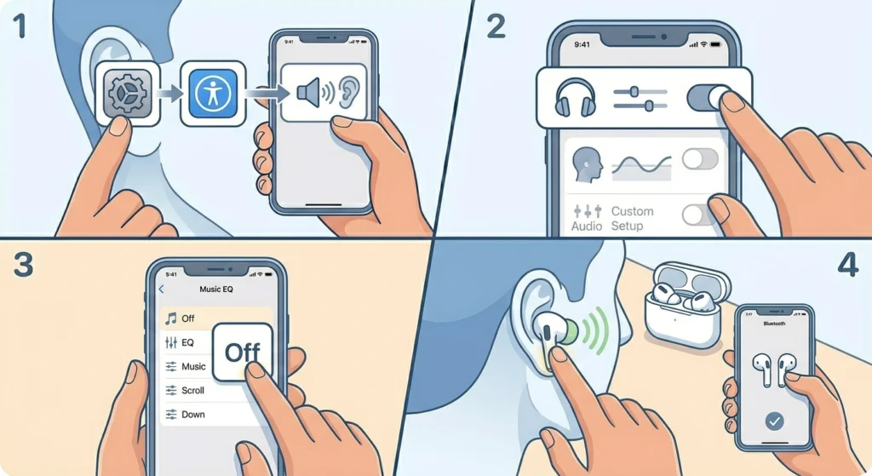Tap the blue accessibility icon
click(208, 92)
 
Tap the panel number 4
click(846, 267)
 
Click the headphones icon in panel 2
click(574, 97)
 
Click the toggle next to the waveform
click(700, 159)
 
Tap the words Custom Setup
click(633, 218)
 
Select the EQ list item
click(187, 342)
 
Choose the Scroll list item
click(192, 390)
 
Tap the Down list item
click(192, 414)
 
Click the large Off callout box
click(242, 351)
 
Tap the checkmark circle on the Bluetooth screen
click(774, 420)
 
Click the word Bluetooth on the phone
click(774, 324)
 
